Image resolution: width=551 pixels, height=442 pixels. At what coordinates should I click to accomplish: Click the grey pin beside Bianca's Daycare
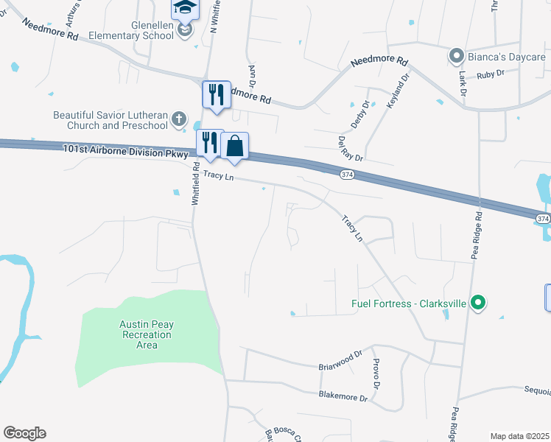point(456,56)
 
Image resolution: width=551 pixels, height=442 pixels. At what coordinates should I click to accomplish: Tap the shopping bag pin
point(234,146)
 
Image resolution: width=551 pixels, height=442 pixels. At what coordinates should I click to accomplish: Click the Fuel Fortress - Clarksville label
point(409,303)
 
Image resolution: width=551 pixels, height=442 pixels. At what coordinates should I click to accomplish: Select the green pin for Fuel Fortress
point(477,302)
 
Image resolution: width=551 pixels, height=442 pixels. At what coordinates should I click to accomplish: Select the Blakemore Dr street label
point(343,396)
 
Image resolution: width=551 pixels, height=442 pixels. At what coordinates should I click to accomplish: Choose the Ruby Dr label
point(490,74)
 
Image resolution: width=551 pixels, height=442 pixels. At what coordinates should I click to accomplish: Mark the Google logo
point(24,433)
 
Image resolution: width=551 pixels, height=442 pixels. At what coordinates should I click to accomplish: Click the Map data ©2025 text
point(519,436)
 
